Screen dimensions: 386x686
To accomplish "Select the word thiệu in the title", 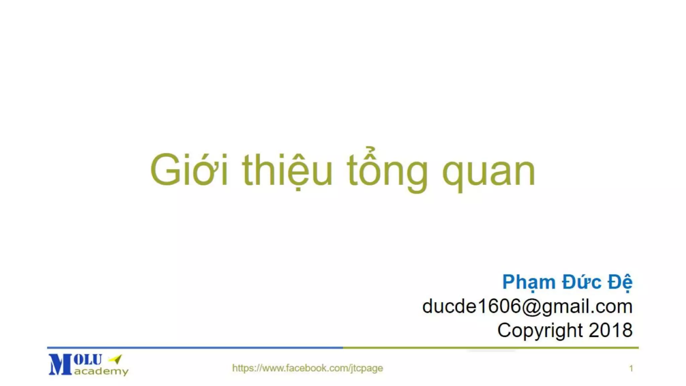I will (287, 170).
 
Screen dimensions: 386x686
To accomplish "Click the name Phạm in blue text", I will (529, 282).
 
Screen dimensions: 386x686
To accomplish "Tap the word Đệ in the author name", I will (620, 282).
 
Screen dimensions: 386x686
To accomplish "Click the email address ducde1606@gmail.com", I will (527, 306).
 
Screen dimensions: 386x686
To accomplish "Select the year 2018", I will (611, 330).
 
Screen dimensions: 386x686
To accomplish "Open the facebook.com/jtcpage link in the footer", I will (307, 368).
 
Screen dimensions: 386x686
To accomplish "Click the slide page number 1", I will (631, 369).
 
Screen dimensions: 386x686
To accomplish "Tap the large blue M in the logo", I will (60, 365).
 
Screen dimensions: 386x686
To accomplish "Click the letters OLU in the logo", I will (88, 360).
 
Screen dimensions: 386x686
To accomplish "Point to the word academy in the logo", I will (101, 371).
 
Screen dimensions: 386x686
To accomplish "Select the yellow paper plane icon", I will (116, 359).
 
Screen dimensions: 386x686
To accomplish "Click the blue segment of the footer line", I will (194, 348).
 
